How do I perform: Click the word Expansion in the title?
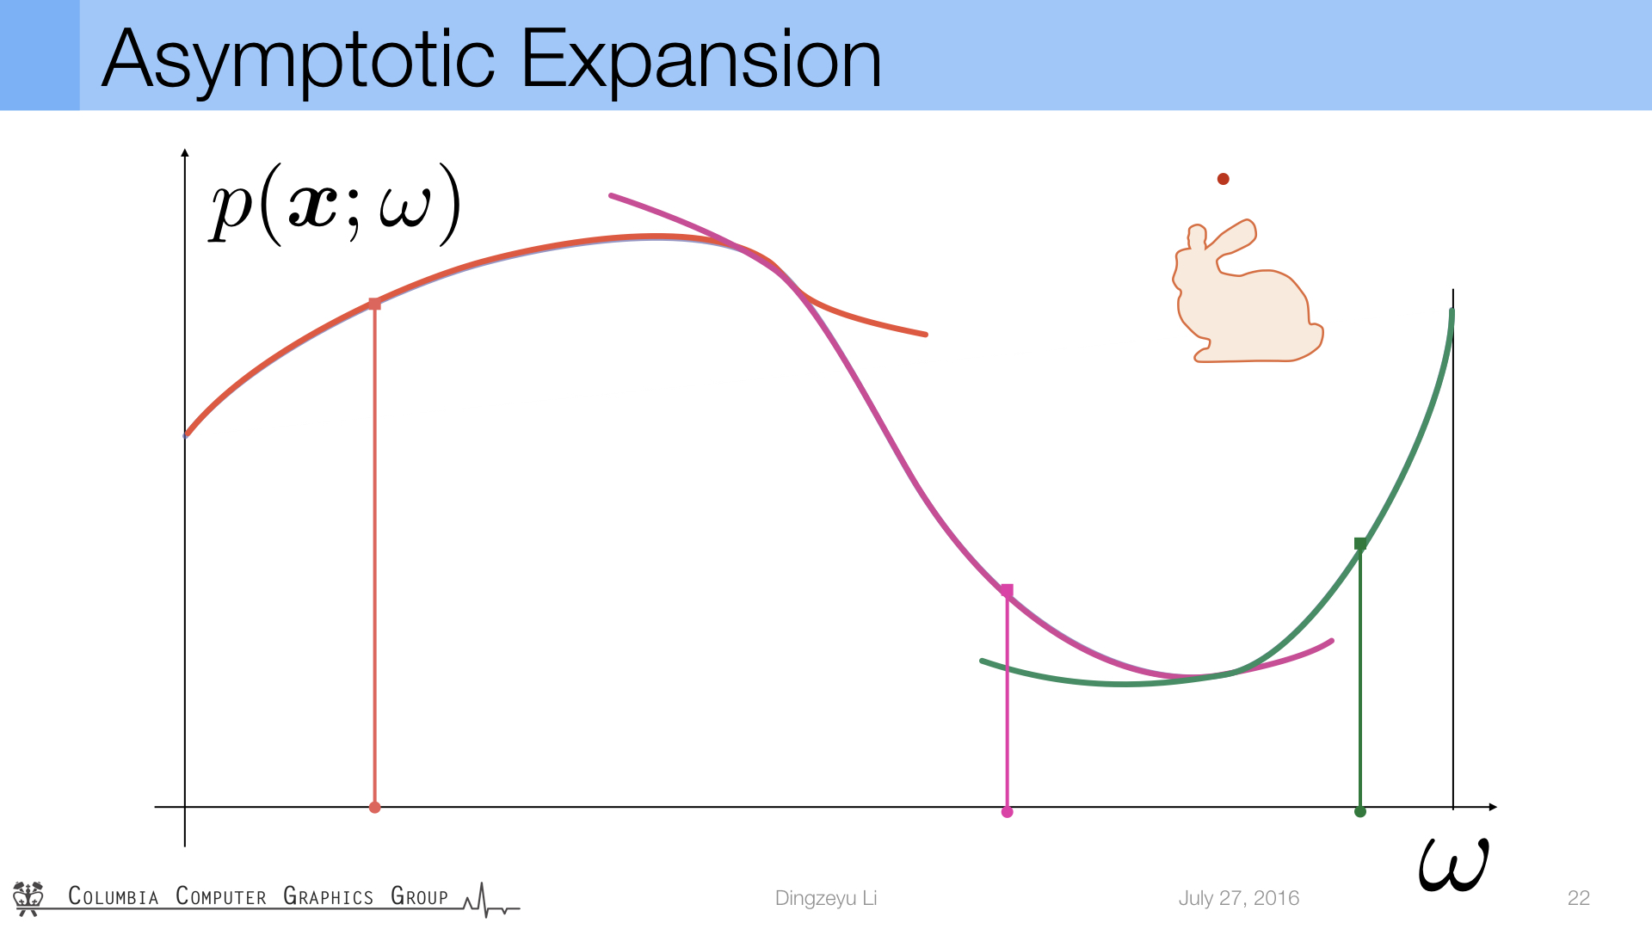701,60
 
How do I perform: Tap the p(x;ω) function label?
336,206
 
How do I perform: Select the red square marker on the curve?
374,304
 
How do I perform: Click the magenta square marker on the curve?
1007,590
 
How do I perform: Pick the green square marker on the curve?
1360,544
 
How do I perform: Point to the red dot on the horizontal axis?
374,807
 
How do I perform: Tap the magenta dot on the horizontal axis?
1007,812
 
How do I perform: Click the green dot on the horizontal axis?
1360,811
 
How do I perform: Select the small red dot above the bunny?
1223,179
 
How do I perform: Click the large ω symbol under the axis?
1453,864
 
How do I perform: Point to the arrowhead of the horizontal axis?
1493,807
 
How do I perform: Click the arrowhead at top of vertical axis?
185,153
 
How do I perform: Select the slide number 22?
1579,898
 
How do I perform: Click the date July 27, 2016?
1239,898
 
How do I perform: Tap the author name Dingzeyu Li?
826,898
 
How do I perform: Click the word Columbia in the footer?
114,896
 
